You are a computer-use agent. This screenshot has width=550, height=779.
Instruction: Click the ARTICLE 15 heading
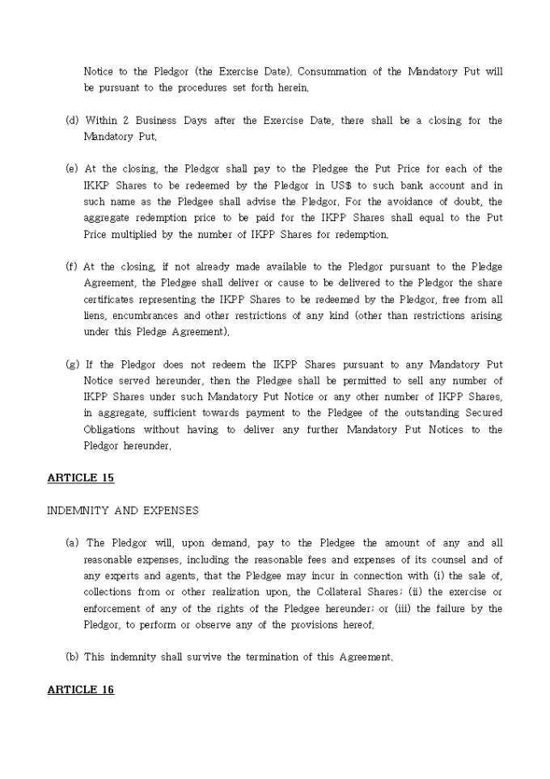tap(81, 478)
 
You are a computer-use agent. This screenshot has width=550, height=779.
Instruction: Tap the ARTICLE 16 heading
tap(81, 689)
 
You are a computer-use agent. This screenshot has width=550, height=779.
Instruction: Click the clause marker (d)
tap(72, 121)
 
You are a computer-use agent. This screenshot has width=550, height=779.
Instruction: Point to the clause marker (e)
tap(72, 169)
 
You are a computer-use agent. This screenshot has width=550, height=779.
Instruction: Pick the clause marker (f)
tap(72, 266)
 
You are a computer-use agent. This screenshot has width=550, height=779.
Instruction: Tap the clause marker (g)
tap(72, 364)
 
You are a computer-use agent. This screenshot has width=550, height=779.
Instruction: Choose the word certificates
tap(110, 300)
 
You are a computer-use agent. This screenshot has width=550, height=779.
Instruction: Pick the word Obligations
tap(109, 429)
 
